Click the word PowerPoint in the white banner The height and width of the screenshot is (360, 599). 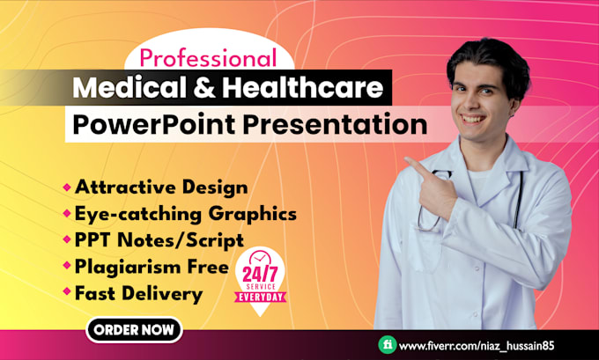(x=155, y=124)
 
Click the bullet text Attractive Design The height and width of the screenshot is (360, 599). (x=161, y=187)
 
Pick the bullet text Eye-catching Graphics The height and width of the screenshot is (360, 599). (x=185, y=213)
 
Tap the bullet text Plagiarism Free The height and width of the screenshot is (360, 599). (x=152, y=266)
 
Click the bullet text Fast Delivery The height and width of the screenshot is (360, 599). (x=138, y=292)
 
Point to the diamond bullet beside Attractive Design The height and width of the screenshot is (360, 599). (x=67, y=187)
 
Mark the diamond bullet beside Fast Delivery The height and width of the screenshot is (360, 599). (x=67, y=292)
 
